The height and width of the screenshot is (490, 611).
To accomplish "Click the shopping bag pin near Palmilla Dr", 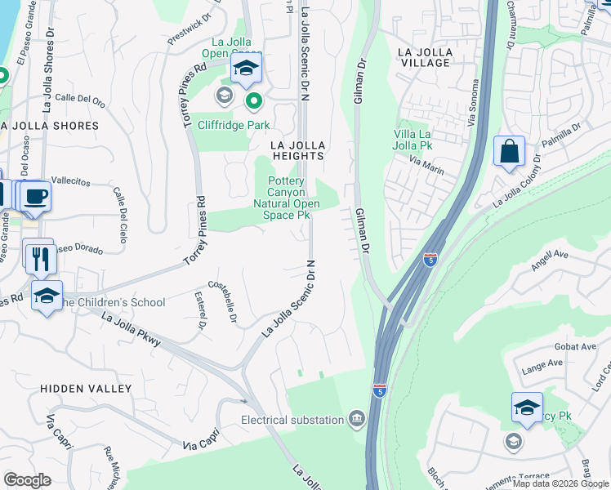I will coord(509,152).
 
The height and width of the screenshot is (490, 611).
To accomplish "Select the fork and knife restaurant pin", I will coord(39,257).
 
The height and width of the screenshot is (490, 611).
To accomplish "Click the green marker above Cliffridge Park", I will coord(254,101).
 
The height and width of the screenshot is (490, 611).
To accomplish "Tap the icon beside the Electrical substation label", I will coord(356,420).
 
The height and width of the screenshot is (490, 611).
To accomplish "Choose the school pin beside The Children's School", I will coord(47,296).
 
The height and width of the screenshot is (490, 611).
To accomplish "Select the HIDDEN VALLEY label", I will coord(86,389).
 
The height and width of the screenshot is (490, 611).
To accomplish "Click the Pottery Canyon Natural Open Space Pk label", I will coord(282,198).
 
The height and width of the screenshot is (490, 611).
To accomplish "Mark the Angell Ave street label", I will coord(549,255).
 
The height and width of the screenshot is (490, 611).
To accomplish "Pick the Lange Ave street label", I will coord(542,363).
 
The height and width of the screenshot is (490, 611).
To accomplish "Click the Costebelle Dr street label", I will coord(222,303).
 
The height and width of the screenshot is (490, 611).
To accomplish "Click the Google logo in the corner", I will coord(27,480).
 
